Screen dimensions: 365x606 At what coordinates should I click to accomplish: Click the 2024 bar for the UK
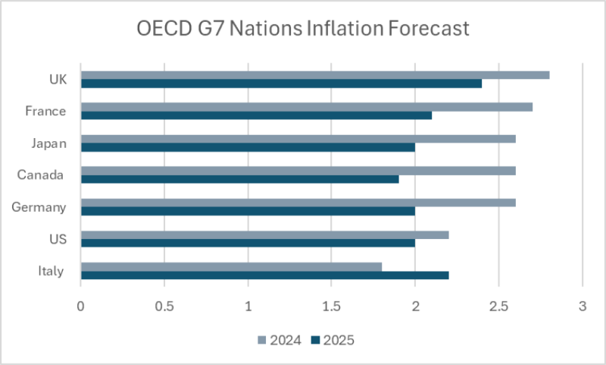pos(314,75)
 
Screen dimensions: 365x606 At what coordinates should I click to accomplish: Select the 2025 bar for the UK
pos(281,83)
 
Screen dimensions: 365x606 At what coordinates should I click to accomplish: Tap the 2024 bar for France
pos(306,107)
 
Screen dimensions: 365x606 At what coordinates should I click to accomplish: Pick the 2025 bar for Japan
pos(248,147)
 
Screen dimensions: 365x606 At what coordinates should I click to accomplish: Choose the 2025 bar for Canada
pos(239,179)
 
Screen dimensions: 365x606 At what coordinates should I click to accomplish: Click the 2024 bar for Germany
pos(298,203)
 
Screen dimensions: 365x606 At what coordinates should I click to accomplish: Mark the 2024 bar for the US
pos(264,234)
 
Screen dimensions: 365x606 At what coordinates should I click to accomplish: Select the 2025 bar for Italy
pos(264,275)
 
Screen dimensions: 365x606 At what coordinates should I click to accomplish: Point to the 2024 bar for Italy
pos(231,266)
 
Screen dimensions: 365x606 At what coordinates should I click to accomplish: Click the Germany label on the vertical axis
pos(39,207)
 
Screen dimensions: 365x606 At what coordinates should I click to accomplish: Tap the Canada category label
pos(42,175)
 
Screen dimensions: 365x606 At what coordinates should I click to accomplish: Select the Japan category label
pos(48,143)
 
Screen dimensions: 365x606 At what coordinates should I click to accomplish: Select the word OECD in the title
pos(161,29)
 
